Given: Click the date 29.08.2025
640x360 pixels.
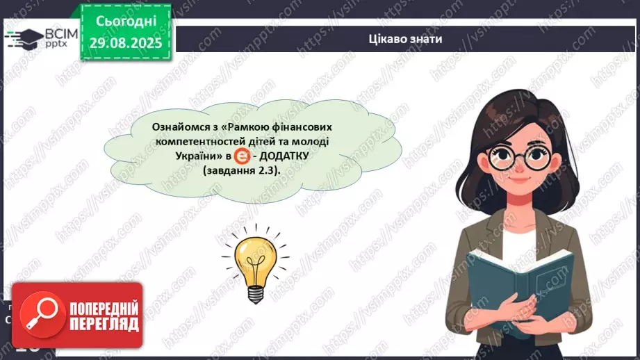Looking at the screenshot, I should point(126,43).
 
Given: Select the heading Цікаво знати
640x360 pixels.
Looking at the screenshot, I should point(405,39).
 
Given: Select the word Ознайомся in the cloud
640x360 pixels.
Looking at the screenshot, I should point(181,128).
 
